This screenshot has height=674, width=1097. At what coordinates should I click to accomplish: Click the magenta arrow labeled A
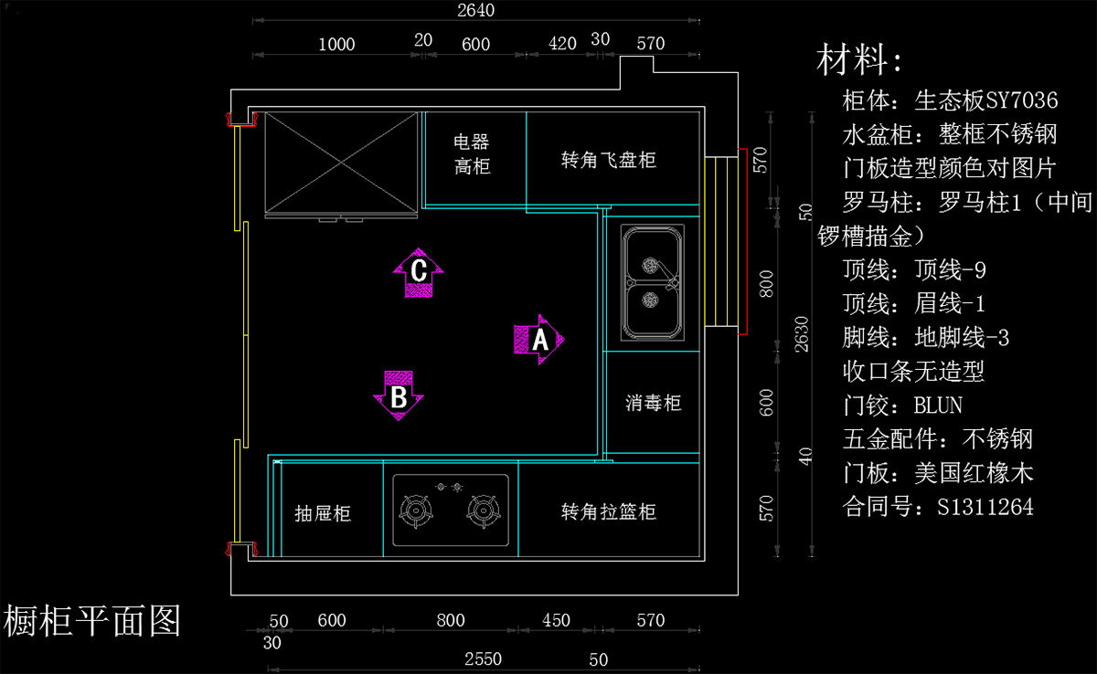tap(539, 340)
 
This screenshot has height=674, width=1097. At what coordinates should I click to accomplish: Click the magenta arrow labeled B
tap(399, 395)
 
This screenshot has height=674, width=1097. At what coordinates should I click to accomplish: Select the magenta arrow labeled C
tap(419, 272)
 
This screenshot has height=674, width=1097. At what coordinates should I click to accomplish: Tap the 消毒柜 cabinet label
tap(654, 403)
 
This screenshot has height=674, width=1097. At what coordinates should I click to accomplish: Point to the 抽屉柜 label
tap(323, 513)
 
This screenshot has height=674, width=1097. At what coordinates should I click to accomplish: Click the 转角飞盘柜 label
tap(609, 160)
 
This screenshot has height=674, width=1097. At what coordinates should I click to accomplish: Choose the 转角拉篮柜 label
tap(609, 511)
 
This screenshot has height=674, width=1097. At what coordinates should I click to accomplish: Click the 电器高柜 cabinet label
tap(472, 153)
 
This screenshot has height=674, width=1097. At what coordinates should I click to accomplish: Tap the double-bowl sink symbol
tap(654, 282)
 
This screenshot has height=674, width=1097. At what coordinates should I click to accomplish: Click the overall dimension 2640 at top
tap(474, 11)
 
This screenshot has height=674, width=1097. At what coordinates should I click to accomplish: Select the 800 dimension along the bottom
tap(451, 621)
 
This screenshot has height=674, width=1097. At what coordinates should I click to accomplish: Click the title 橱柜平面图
tap(93, 621)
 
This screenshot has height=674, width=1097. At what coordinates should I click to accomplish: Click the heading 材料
tap(859, 60)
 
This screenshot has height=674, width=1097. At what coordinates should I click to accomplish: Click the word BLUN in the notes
tap(938, 405)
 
